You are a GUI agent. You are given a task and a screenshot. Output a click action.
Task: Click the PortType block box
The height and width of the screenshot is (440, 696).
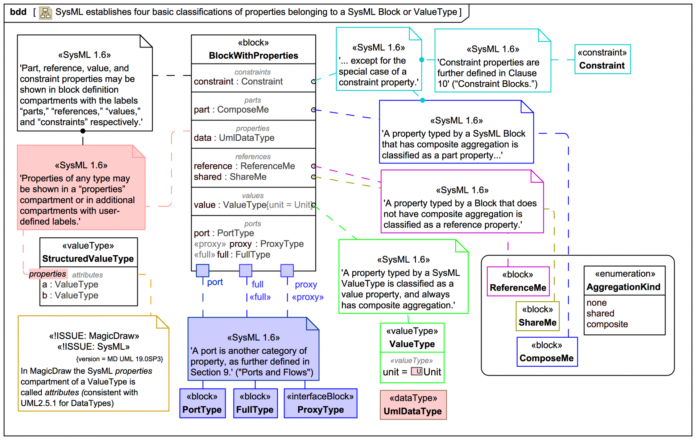[202, 403]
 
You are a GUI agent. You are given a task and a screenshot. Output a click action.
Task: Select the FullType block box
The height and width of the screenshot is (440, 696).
[255, 403]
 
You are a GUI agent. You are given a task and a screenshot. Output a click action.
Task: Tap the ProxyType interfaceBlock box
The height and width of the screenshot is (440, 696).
[320, 403]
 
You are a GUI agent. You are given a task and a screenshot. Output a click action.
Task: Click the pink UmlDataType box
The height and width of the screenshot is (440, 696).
[413, 405]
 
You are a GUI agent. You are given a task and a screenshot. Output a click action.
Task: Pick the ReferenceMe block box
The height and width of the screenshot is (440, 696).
[518, 281]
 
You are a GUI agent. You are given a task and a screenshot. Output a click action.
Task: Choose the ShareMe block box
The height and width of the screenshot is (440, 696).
[537, 316]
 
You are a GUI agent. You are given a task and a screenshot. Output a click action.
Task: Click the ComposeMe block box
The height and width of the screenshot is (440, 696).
[547, 352]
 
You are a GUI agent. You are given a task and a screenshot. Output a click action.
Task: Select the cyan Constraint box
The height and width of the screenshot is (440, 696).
[602, 59]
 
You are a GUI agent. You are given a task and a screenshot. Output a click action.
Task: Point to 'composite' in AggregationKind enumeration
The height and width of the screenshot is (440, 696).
[607, 324]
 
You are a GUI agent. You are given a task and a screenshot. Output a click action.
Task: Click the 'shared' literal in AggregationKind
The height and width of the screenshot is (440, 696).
[600, 313]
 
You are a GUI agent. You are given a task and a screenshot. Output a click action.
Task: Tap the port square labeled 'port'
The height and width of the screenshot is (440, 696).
[202, 271]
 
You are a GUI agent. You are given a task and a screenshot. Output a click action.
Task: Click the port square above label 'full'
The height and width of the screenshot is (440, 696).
[245, 271]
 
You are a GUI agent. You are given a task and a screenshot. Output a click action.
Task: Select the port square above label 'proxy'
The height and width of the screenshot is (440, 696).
[287, 271]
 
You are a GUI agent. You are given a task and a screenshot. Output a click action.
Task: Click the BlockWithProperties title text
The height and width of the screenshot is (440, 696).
[253, 55]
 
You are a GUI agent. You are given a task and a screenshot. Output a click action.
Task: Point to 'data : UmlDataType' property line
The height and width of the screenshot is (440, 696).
[234, 138]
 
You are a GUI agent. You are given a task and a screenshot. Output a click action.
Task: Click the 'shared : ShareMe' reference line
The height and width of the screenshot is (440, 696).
[230, 177]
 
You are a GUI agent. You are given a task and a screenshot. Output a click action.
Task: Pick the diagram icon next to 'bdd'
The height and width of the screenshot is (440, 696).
[45, 13]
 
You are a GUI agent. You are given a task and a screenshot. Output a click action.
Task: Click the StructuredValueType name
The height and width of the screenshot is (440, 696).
[88, 259]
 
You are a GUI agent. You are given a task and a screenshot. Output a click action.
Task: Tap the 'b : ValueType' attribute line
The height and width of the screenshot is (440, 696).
[70, 295]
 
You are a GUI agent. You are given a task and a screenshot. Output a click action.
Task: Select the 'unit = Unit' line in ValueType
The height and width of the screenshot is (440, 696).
[412, 372]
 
